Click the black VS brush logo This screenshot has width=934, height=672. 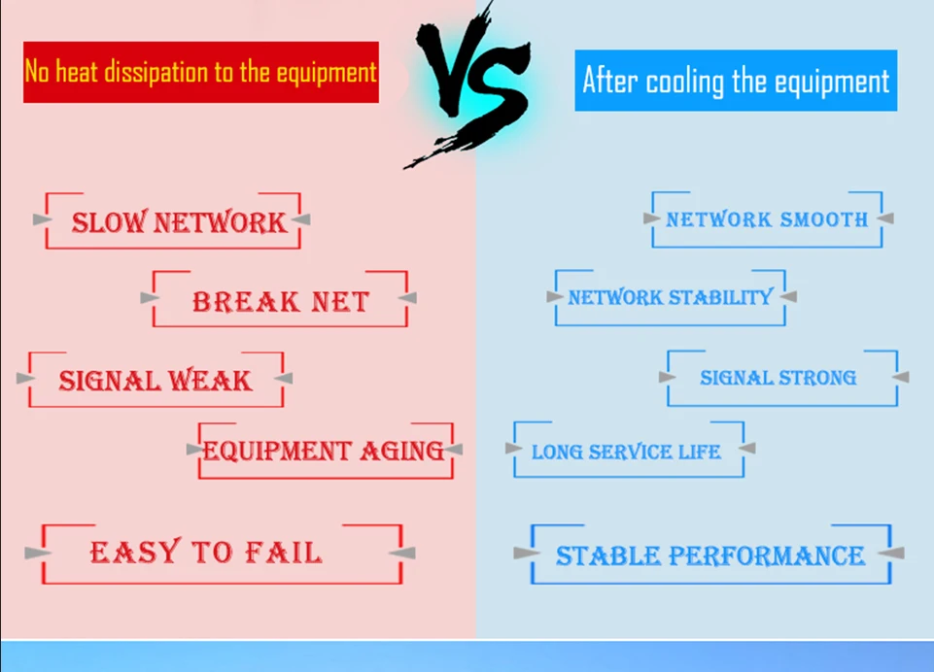click(470, 84)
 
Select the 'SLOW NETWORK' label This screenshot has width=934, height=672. click(179, 222)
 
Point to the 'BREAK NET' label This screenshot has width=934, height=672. click(281, 302)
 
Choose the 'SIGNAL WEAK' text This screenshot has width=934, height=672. click(155, 381)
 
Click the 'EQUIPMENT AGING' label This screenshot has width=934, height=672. click(324, 451)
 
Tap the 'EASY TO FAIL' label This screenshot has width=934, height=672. click(206, 552)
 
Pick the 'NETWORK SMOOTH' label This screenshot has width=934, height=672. click(767, 219)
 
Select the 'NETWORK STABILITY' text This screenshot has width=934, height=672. click(670, 297)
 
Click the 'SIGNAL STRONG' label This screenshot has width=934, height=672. click(778, 378)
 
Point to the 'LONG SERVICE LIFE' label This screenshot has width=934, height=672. click(626, 452)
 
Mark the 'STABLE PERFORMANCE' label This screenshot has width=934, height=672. click(710, 555)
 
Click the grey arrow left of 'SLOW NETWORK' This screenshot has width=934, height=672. click(43, 219)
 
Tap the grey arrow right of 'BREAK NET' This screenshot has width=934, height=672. click(407, 297)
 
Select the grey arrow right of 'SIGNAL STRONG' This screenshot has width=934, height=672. click(901, 376)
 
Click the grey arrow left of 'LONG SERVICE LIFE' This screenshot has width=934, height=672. click(514, 449)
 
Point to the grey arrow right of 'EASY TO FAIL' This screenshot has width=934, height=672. click(402, 553)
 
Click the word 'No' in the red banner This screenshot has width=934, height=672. click(37, 72)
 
